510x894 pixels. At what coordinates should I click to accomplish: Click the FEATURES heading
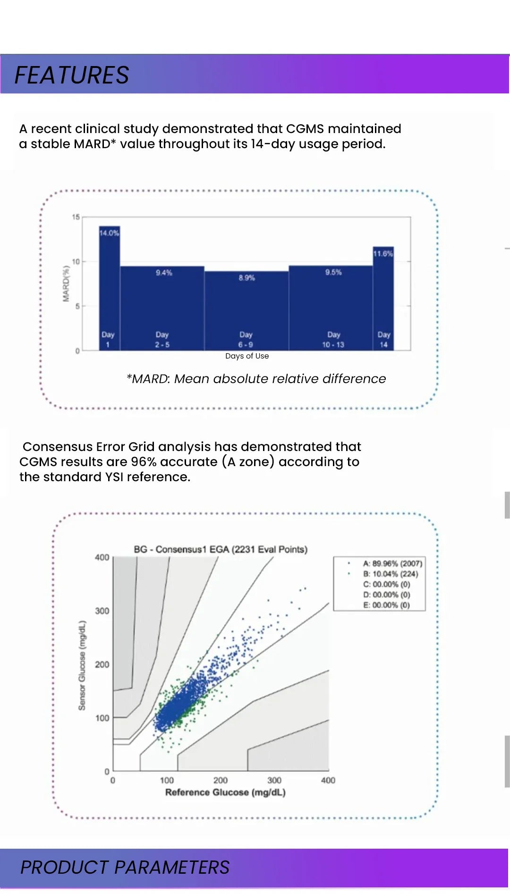tap(72, 75)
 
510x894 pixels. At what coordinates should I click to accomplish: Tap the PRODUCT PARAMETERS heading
tap(125, 867)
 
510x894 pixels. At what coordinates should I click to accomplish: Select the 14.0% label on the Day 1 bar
tap(109, 233)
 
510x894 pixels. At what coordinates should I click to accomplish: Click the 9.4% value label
tap(164, 273)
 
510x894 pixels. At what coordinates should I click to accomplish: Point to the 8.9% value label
tap(246, 278)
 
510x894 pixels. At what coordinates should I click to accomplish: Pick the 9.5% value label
tap(333, 272)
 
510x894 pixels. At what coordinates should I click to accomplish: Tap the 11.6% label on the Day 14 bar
tap(383, 254)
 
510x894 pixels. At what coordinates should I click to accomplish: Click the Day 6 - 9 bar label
tap(246, 340)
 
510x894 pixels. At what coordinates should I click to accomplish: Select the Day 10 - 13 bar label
tap(333, 340)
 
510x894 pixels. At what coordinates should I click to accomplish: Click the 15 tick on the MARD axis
tap(76, 217)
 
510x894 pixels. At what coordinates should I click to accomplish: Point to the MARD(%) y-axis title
tap(66, 283)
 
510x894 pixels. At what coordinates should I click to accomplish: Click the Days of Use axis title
tap(247, 356)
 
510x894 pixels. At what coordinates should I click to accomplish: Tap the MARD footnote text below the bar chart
tap(256, 379)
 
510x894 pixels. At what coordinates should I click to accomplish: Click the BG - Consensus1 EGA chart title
tap(221, 550)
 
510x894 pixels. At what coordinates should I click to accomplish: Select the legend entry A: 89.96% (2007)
tap(392, 563)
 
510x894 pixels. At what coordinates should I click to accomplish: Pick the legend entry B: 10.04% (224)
tap(390, 574)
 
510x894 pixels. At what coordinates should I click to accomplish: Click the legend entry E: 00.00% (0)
tap(386, 605)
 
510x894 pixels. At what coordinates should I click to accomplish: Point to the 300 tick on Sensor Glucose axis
tap(102, 611)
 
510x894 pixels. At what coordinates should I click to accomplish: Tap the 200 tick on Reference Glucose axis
tap(221, 780)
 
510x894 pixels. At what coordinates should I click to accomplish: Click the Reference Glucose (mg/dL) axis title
tap(225, 793)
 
